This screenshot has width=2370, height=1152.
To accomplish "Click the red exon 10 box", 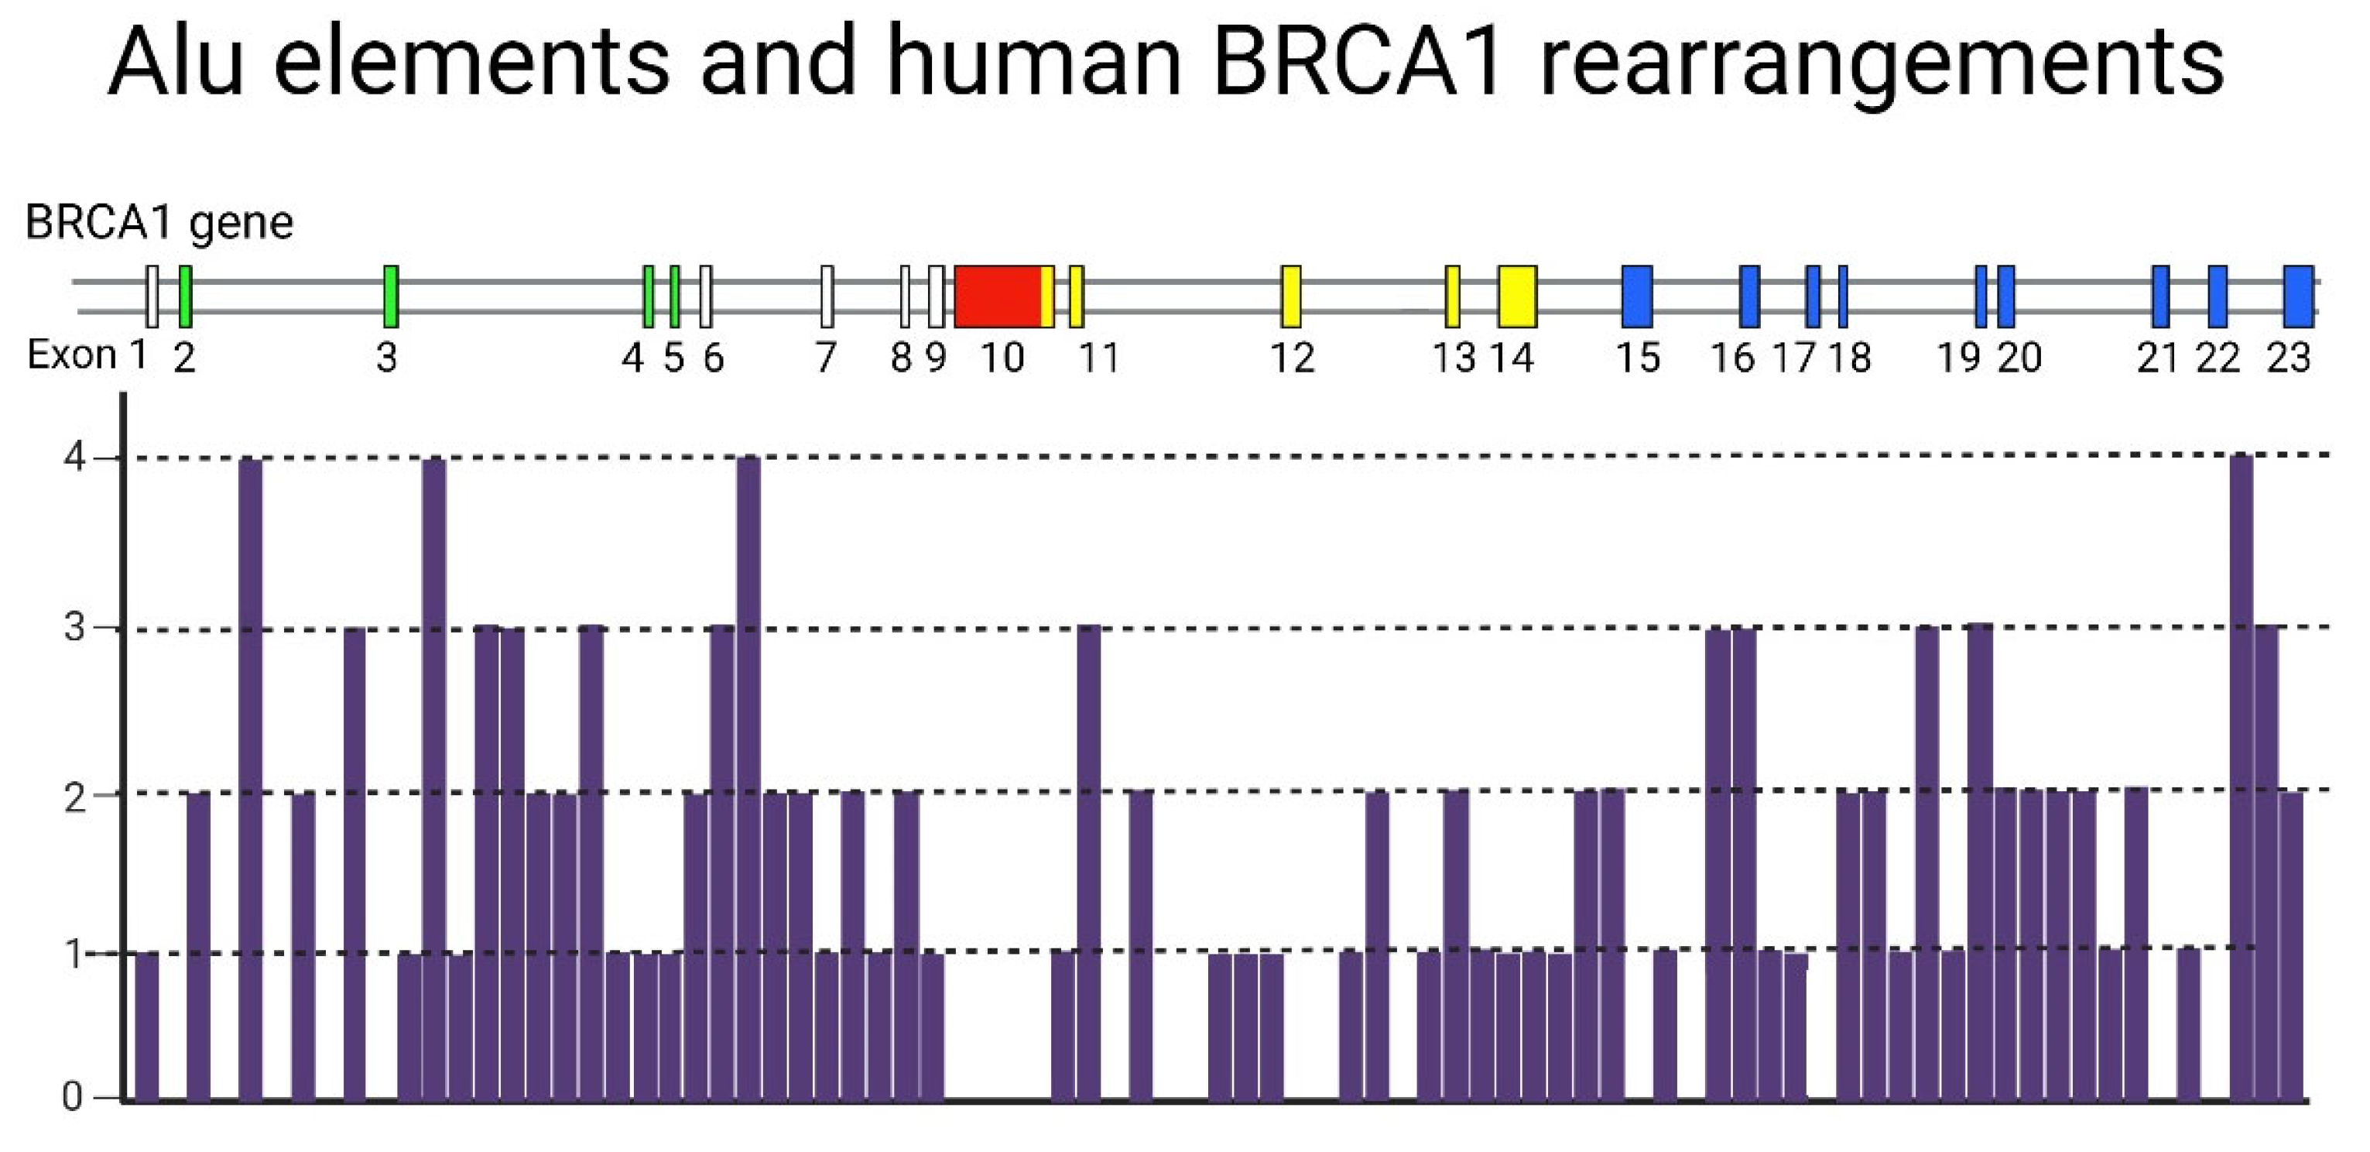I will (x=998, y=297).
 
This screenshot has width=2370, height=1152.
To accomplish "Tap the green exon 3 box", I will (x=390, y=297).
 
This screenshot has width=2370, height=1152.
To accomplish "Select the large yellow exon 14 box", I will (x=1517, y=297).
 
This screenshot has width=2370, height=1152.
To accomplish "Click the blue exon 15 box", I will (x=1637, y=297).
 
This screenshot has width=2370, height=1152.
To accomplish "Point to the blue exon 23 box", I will (x=2298, y=297).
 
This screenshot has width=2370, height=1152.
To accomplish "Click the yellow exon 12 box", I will (x=1291, y=297).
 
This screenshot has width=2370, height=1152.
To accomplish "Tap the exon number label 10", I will (x=1002, y=358).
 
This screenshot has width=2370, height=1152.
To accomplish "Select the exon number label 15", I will (x=1639, y=358).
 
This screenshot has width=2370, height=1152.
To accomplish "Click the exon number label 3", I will (x=386, y=358).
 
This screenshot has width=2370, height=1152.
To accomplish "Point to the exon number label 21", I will (x=2157, y=358).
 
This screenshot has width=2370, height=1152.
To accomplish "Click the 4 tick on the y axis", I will (x=74, y=458).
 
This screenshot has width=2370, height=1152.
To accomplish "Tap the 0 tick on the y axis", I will (x=72, y=1097).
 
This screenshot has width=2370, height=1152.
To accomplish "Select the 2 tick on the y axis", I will (x=74, y=797).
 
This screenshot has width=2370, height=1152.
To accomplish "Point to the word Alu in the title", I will (x=176, y=63).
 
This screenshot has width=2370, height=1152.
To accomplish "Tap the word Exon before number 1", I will (x=71, y=355).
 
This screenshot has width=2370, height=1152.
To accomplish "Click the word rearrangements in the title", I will (x=1882, y=63).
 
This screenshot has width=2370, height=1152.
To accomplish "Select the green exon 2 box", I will (x=185, y=297).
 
